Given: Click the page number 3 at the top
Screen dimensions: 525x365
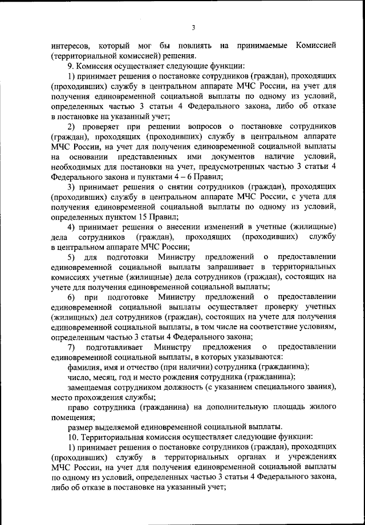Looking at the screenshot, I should [193, 28].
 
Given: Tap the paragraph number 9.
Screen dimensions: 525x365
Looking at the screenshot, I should [70, 66].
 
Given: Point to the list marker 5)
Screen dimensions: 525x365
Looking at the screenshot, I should [72, 257].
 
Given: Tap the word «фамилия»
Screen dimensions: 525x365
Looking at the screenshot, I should [86, 367].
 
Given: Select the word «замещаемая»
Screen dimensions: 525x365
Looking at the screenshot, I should [92, 387].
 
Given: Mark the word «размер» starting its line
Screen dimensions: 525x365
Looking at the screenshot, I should [81, 426].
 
